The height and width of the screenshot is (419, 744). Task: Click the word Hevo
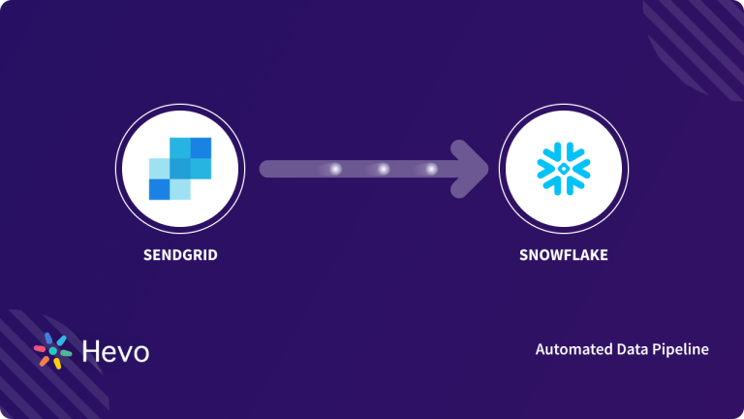tap(115, 351)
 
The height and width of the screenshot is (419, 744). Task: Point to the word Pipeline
tap(681, 349)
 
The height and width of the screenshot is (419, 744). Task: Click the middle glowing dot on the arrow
tap(383, 169)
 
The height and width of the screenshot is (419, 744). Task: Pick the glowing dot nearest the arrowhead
tap(431, 169)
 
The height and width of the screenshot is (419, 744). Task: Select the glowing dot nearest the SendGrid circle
tap(335, 169)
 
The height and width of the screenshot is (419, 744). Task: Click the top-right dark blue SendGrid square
tap(201, 147)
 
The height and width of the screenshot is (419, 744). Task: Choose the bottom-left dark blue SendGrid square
tap(159, 189)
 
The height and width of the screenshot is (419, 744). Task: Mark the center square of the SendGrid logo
tap(179, 169)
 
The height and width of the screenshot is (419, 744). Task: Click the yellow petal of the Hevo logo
tap(56, 364)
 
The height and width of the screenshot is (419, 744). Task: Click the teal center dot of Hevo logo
tap(53, 351)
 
